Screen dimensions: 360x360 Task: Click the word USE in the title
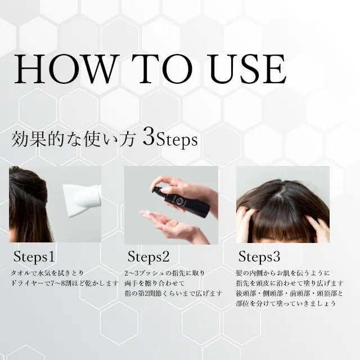coord(248,69)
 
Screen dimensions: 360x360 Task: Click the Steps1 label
coord(34,256)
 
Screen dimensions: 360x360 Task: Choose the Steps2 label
coord(148,256)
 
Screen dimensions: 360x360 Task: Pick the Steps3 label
coord(259,256)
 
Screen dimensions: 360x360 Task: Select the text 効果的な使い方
coord(73,139)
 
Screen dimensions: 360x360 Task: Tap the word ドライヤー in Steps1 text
coord(28,283)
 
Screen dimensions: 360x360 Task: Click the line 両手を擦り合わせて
coord(155,283)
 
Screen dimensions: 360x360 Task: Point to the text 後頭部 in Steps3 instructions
coord(245,294)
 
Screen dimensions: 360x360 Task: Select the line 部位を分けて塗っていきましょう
coord(286,304)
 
